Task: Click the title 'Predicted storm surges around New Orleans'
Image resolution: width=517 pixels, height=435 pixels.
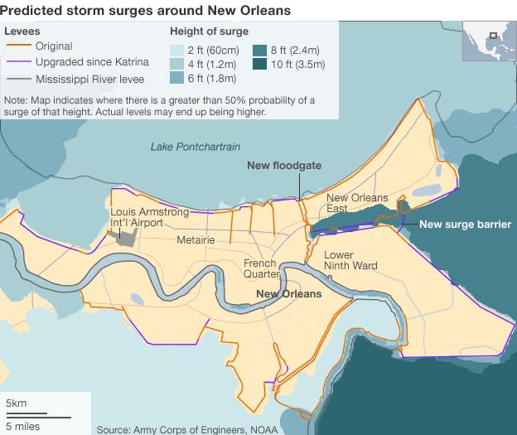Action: tap(146, 10)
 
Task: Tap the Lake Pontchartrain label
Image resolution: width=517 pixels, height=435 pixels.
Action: tap(195, 147)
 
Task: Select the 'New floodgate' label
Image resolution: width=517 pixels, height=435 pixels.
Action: tap(284, 165)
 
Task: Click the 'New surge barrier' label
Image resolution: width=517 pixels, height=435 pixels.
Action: tap(465, 224)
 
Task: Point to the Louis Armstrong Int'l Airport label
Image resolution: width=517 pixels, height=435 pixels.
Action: tap(150, 218)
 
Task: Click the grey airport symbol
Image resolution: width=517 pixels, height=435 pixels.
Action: tap(123, 236)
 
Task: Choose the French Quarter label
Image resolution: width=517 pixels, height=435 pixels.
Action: tap(259, 269)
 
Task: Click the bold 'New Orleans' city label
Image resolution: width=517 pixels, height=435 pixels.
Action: tap(288, 293)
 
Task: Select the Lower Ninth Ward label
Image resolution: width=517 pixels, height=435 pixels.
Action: tap(350, 260)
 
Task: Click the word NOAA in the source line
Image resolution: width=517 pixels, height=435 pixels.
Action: tap(261, 429)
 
